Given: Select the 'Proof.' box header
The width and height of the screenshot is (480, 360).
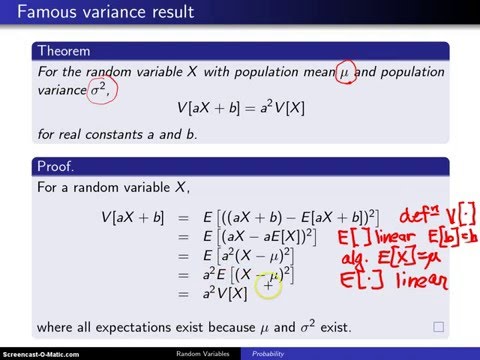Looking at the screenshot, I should [x=58, y=165].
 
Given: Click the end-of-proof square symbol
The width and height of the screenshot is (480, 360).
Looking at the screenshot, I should [x=438, y=327].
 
